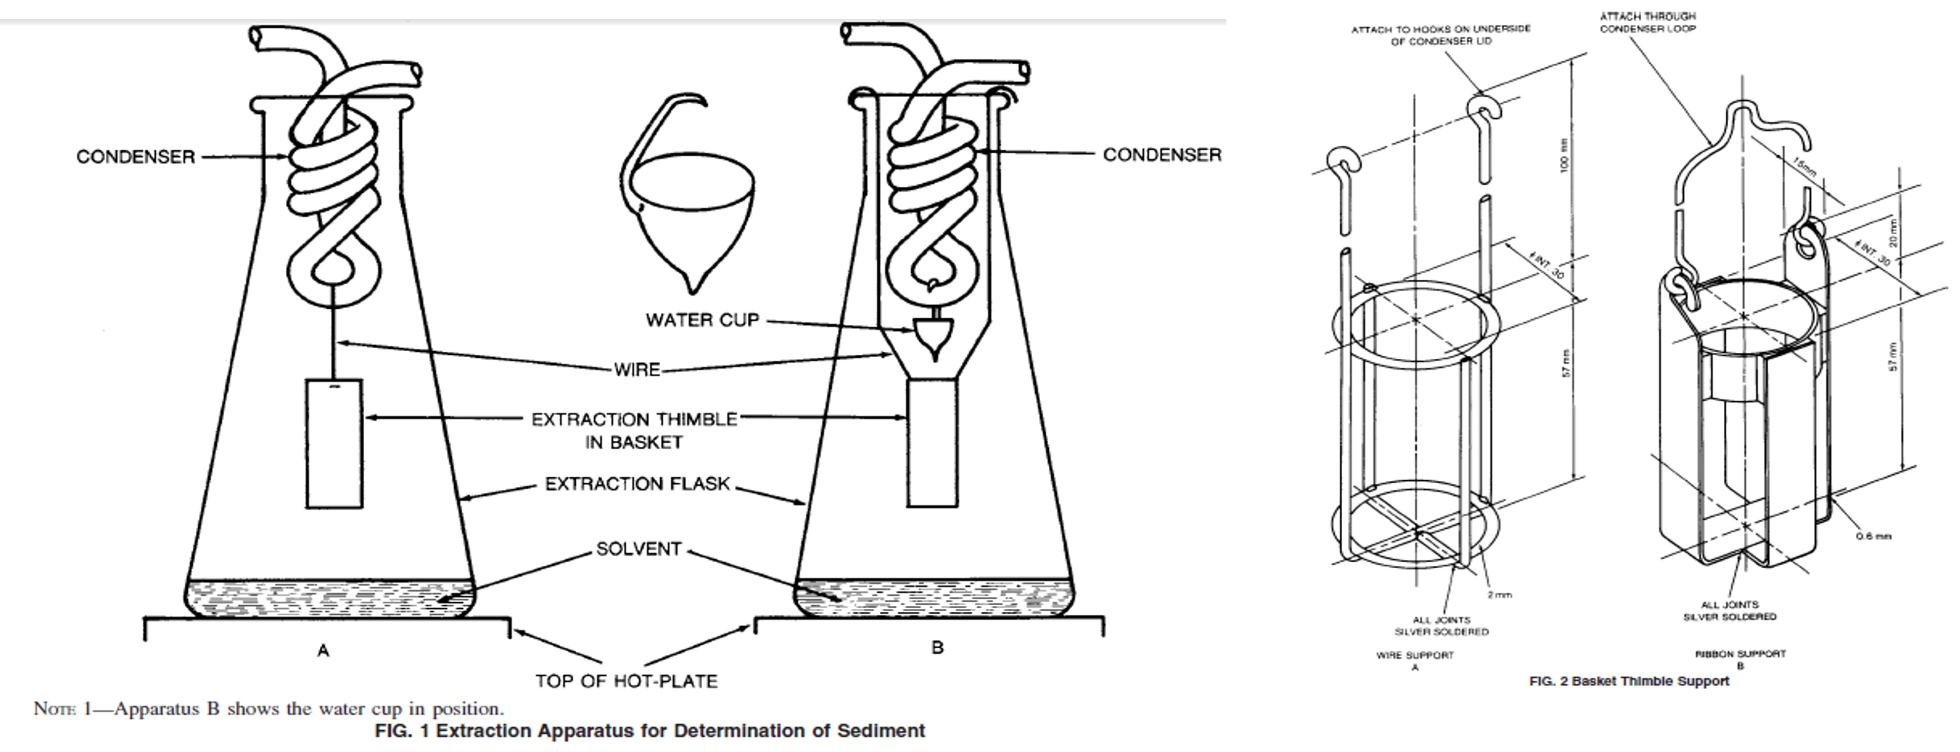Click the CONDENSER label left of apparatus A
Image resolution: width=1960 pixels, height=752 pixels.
[x=136, y=157]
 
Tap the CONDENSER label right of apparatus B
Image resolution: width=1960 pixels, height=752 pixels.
[x=1162, y=154]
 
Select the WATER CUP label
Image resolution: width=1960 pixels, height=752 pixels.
[x=702, y=320]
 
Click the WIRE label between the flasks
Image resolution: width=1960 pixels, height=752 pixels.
[x=637, y=370]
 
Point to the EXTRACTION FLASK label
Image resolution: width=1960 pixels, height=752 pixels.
[x=637, y=484]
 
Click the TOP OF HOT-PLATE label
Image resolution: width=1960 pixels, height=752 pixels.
[x=625, y=681]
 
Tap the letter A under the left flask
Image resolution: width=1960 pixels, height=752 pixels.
[x=323, y=651]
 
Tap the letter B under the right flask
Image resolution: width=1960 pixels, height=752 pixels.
[x=938, y=648]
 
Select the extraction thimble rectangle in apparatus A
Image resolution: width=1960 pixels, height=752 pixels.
[x=334, y=443]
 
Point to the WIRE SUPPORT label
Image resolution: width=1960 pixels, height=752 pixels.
[x=1415, y=654]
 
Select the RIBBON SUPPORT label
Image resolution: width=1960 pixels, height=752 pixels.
[x=1740, y=653]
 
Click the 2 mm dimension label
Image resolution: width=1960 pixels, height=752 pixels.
[x=1499, y=595]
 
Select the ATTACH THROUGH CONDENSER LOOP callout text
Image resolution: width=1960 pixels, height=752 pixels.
[x=1647, y=22]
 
